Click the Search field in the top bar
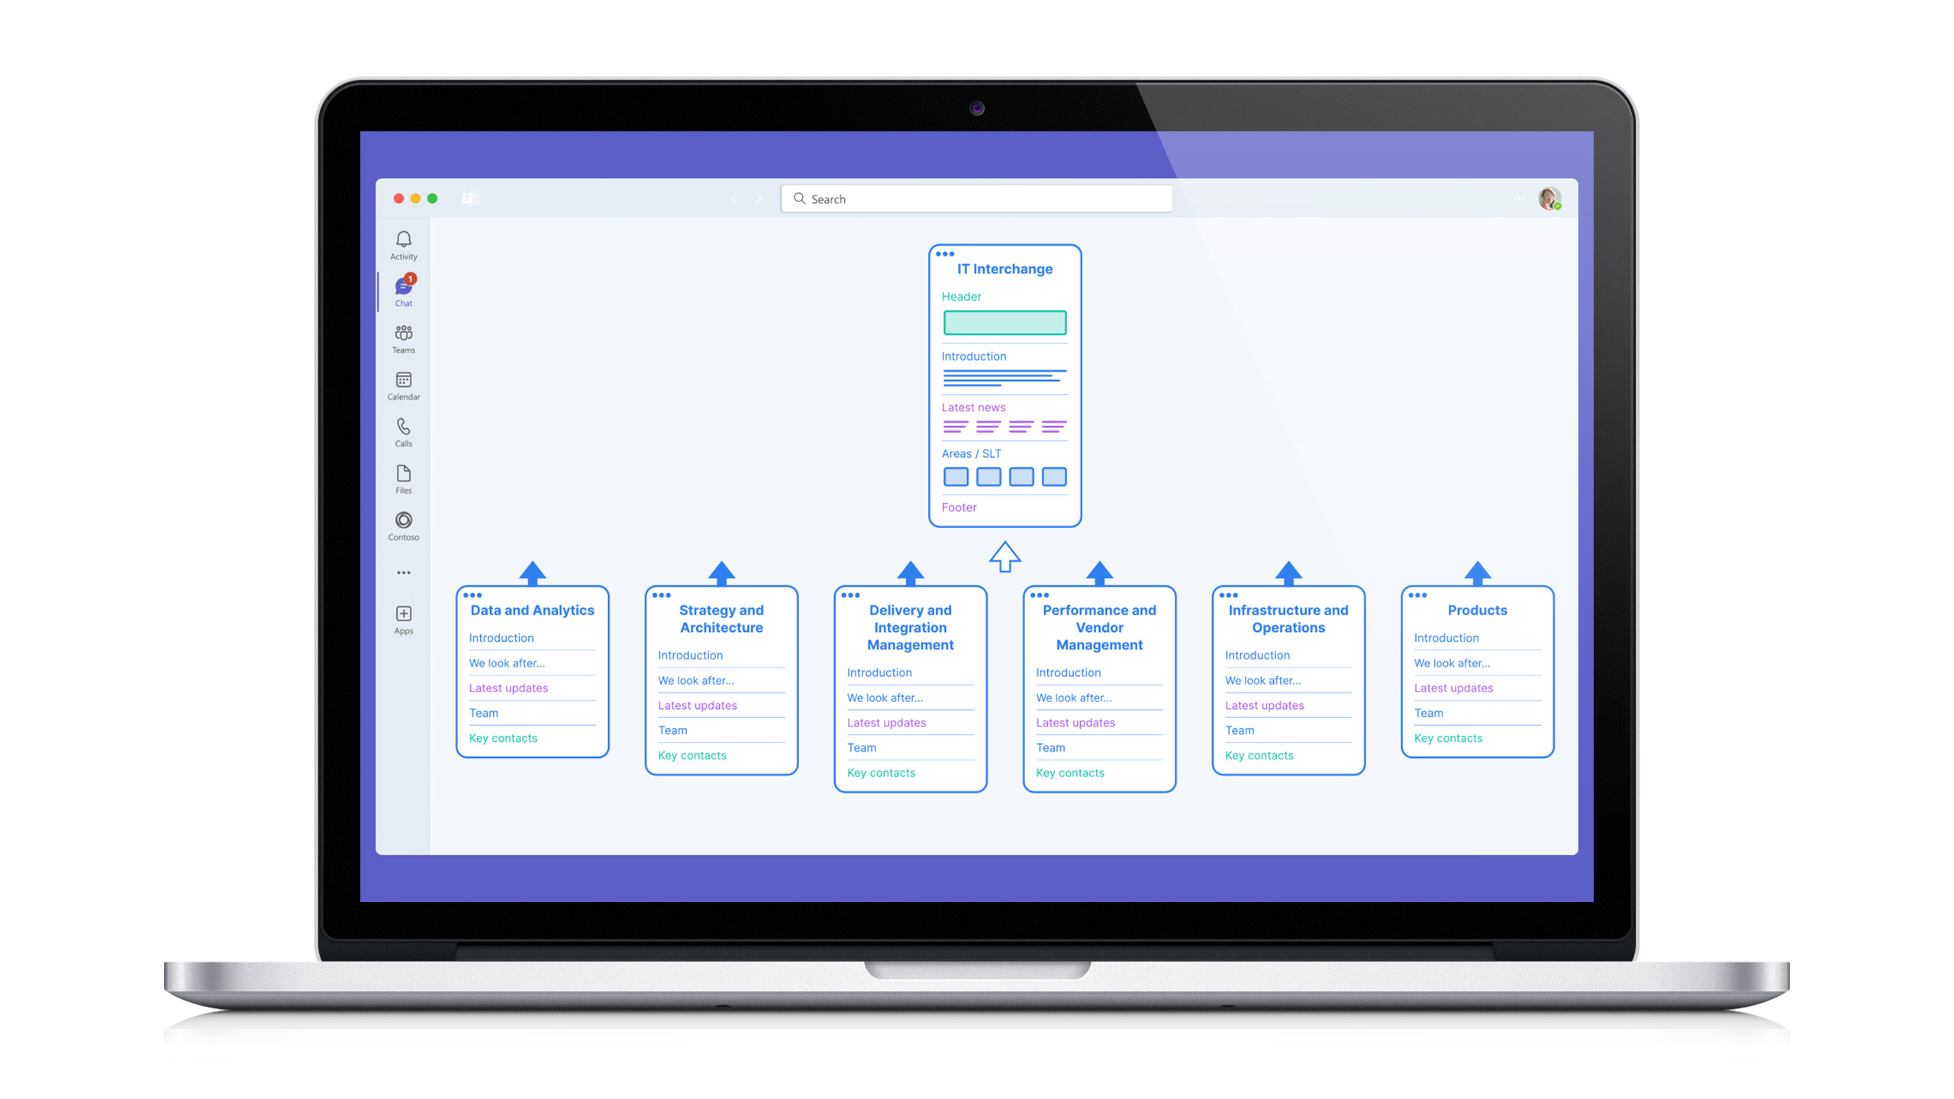[x=976, y=198]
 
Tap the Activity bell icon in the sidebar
[x=404, y=239]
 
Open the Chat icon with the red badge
[x=404, y=285]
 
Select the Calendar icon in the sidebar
[x=404, y=379]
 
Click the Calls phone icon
[x=404, y=426]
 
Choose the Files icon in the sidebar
[x=404, y=473]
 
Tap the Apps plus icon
[x=404, y=614]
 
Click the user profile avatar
[x=1549, y=198]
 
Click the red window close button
[x=398, y=198]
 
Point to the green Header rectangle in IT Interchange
[x=1004, y=323]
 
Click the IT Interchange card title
[x=1004, y=269]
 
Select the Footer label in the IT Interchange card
[x=959, y=508]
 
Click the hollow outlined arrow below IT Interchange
[x=1004, y=556]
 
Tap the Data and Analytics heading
[x=532, y=611]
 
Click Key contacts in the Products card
[x=1448, y=738]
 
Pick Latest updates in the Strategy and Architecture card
[x=698, y=705]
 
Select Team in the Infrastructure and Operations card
[x=1240, y=730]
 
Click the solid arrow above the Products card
[x=1478, y=573]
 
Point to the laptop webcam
[x=977, y=108]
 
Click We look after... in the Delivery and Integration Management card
[x=885, y=698]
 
